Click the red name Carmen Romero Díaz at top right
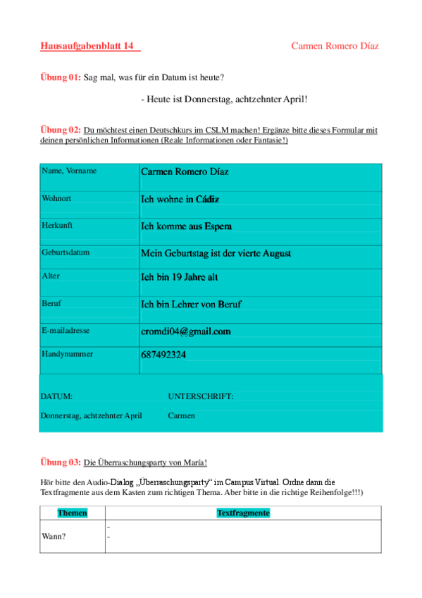click(x=335, y=47)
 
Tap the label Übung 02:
click(x=61, y=130)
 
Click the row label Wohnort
click(x=56, y=198)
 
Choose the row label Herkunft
click(x=57, y=225)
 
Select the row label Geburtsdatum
click(x=66, y=251)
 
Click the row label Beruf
click(x=52, y=303)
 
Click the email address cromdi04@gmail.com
click(x=186, y=331)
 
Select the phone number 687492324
click(x=163, y=355)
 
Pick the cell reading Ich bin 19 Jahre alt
click(x=180, y=277)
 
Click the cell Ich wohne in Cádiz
click(x=180, y=199)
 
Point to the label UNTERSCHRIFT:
click(x=200, y=396)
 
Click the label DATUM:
click(x=56, y=396)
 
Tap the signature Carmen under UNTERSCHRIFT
click(x=181, y=415)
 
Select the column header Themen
click(x=72, y=513)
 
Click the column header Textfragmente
click(x=243, y=513)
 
